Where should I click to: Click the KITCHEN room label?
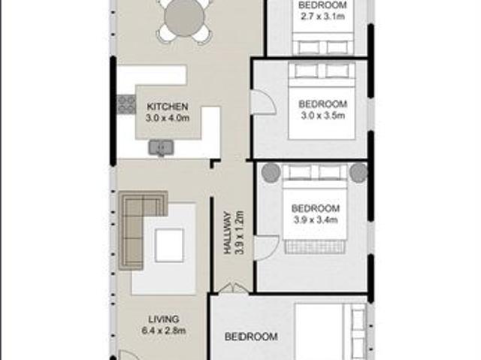pyautogui.click(x=167, y=107)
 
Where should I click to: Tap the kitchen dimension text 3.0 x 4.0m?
pyautogui.click(x=167, y=118)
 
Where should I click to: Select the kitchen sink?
pyautogui.click(x=161, y=147)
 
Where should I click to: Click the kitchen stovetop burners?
pyautogui.click(x=126, y=104)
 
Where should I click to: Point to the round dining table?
pyautogui.click(x=182, y=17)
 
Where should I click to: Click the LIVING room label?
pyautogui.click(x=164, y=319)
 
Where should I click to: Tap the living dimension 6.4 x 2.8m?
pyautogui.click(x=164, y=331)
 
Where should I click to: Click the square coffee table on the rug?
pyautogui.click(x=169, y=245)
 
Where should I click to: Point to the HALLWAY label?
pyautogui.click(x=228, y=233)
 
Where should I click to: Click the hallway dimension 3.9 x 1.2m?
pyautogui.click(x=239, y=232)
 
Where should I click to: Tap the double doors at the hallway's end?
pyautogui.click(x=234, y=289)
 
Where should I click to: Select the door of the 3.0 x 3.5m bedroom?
pyautogui.click(x=263, y=102)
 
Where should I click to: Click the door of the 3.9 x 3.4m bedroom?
pyautogui.click(x=267, y=248)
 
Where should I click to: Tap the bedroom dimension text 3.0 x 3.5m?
pyautogui.click(x=322, y=116)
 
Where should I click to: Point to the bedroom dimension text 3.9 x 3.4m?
pyautogui.click(x=316, y=219)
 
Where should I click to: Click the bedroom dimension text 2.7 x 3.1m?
pyautogui.click(x=322, y=17)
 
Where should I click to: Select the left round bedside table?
pyautogui.click(x=271, y=173)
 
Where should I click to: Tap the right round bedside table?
pyautogui.click(x=359, y=173)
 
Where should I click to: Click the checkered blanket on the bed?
pyautogui.click(x=315, y=247)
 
